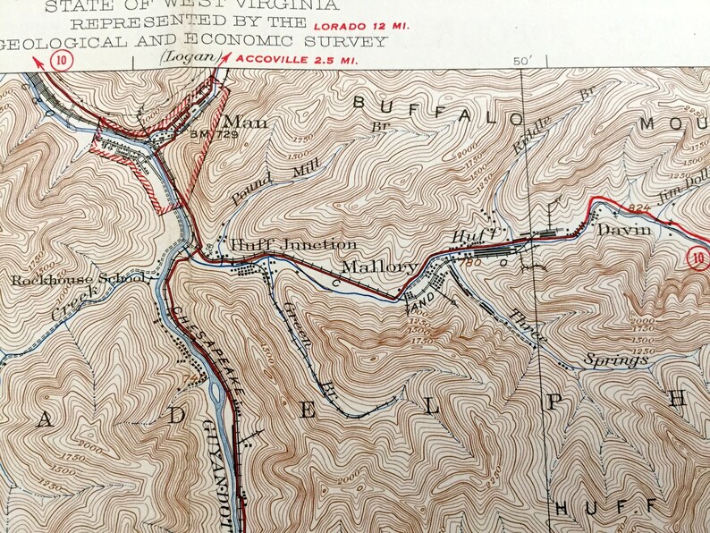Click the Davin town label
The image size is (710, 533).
(620, 229)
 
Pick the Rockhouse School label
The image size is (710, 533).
(78, 280)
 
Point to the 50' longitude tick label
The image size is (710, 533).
(522, 60)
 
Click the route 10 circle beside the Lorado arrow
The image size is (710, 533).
(61, 60)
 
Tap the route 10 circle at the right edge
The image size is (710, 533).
(699, 258)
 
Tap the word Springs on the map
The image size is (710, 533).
(613, 360)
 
